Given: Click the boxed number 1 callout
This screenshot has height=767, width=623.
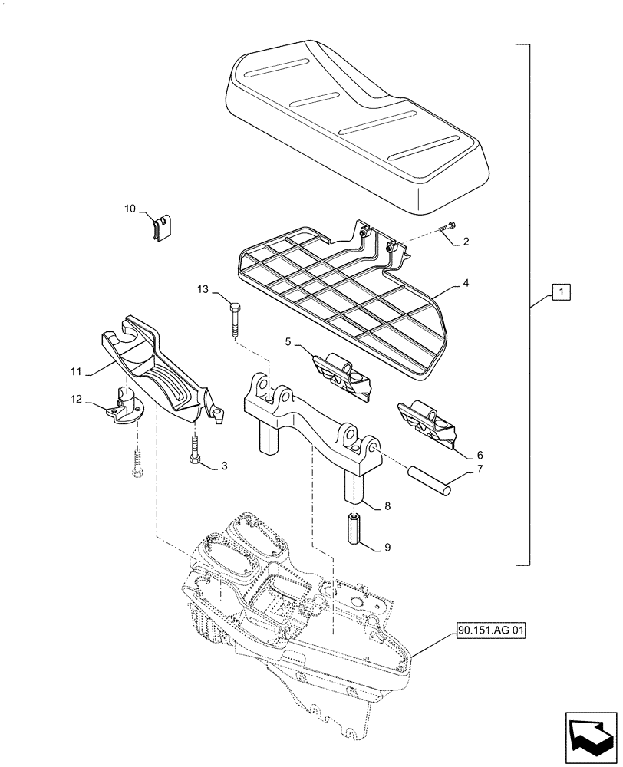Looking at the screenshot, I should [x=561, y=292].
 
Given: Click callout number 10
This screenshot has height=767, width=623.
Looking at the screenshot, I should [x=130, y=208].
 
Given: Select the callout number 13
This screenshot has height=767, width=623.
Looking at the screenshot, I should [x=202, y=288].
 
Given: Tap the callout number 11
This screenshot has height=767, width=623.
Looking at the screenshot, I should [x=75, y=371].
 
